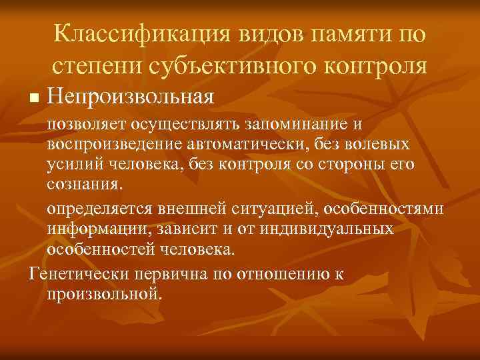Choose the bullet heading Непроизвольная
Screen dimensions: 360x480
[131, 97]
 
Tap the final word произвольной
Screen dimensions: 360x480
[105, 293]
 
